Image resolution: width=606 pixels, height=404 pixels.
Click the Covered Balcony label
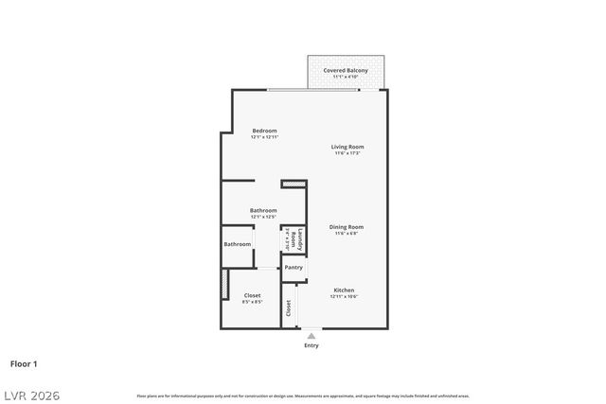(346, 70)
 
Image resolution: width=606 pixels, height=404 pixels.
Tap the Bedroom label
(264, 131)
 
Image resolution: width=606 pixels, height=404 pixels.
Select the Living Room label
(348, 147)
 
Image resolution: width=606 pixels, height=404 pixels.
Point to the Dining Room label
(347, 227)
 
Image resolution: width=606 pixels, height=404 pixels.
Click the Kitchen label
(344, 290)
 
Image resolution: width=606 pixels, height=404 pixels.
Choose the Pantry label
(294, 268)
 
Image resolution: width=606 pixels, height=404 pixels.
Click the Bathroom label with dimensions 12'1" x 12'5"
(263, 210)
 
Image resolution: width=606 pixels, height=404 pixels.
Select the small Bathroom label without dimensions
(238, 244)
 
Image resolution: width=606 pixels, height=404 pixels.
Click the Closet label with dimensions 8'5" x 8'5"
(253, 295)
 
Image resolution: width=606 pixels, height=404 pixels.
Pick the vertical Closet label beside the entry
(289, 307)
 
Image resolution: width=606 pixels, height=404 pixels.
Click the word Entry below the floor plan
(312, 345)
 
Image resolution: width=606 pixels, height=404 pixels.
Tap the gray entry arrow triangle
(311, 335)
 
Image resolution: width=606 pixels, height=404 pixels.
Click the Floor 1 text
(25, 363)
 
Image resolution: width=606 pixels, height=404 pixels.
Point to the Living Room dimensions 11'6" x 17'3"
(348, 154)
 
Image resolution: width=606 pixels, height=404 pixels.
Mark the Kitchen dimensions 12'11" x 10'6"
(344, 297)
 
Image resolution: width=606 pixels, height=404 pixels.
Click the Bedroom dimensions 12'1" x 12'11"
(264, 138)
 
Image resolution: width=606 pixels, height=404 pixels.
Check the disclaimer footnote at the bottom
(303, 395)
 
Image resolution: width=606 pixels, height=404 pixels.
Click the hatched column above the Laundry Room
(294, 184)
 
